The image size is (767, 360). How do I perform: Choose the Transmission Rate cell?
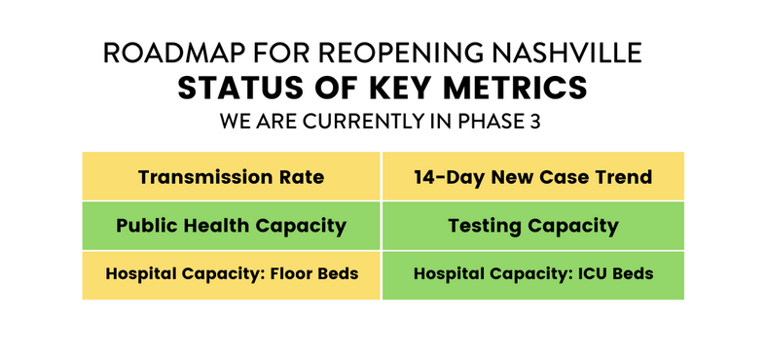[231, 177]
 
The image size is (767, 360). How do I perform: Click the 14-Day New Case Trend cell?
[532, 177]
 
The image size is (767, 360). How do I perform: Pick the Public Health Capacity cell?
[231, 226]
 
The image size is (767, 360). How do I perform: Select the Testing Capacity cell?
[532, 226]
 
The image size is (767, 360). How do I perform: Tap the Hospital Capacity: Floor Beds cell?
[231, 273]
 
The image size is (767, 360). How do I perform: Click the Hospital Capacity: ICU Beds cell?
[532, 273]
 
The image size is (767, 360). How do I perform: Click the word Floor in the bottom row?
[297, 273]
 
